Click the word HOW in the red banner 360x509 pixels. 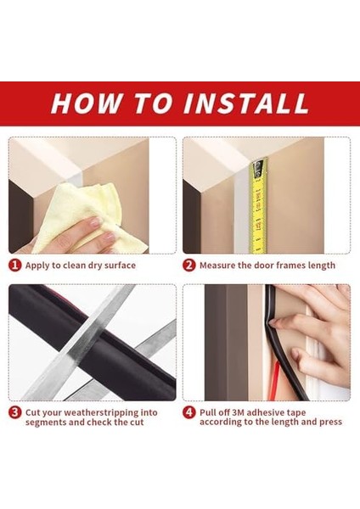[x=86, y=103]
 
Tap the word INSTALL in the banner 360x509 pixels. [x=246, y=103]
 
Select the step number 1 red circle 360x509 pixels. [x=15, y=266]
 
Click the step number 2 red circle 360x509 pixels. [x=189, y=266]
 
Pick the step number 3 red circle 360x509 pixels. [x=15, y=412]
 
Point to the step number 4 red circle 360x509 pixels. [x=189, y=412]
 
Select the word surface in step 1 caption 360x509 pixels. [x=118, y=266]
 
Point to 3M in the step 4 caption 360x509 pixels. [x=238, y=412]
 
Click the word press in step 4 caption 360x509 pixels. [x=331, y=422]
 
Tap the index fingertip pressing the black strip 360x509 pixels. [x=273, y=322]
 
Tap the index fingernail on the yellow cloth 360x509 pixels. [x=96, y=222]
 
